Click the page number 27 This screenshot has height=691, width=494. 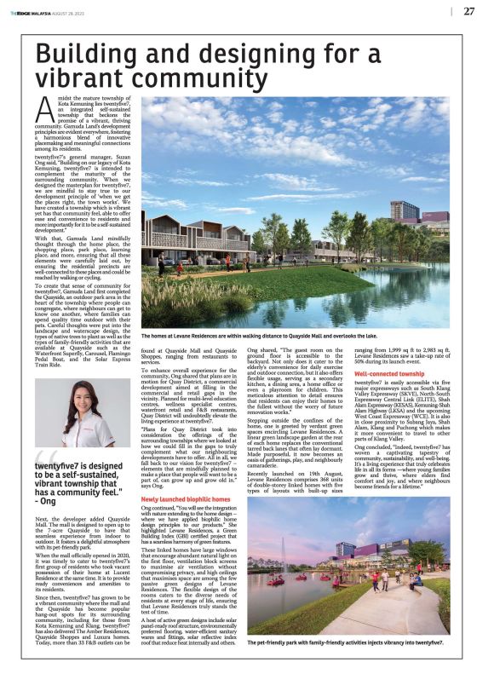tap(469, 11)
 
